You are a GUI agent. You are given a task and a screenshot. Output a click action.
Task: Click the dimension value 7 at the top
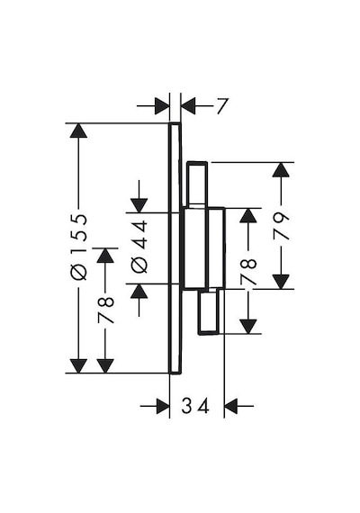point(222,106)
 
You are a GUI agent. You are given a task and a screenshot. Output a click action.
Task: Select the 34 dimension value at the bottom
point(195,406)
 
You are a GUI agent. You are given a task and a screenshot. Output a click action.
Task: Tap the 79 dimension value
point(282,226)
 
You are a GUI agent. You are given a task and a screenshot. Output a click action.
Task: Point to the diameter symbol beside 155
point(79,272)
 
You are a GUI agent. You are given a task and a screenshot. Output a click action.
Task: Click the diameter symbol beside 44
point(139,265)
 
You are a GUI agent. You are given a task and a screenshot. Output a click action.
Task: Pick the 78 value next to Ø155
point(105,310)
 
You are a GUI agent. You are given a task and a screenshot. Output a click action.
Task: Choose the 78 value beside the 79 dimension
point(248,272)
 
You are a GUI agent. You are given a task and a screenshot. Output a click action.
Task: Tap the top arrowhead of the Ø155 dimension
point(78,130)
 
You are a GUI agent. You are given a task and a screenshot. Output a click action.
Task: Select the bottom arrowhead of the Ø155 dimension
point(78,365)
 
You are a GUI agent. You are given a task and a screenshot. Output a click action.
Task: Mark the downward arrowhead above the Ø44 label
point(139,205)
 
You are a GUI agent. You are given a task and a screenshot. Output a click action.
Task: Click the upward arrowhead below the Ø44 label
point(139,292)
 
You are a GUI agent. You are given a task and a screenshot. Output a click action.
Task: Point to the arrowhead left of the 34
point(162,406)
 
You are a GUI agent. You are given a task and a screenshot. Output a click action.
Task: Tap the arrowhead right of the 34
point(231,406)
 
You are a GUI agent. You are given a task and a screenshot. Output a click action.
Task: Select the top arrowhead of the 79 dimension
point(281,170)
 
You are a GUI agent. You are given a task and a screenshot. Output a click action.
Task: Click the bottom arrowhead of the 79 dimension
point(281,282)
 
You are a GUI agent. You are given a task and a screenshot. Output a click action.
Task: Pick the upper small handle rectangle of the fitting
point(196,184)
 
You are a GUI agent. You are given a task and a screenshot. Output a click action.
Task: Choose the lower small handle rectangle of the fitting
point(209,312)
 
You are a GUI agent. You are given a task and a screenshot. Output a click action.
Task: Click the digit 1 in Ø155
point(79,252)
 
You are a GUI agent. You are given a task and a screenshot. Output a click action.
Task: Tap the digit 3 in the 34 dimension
point(186,406)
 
